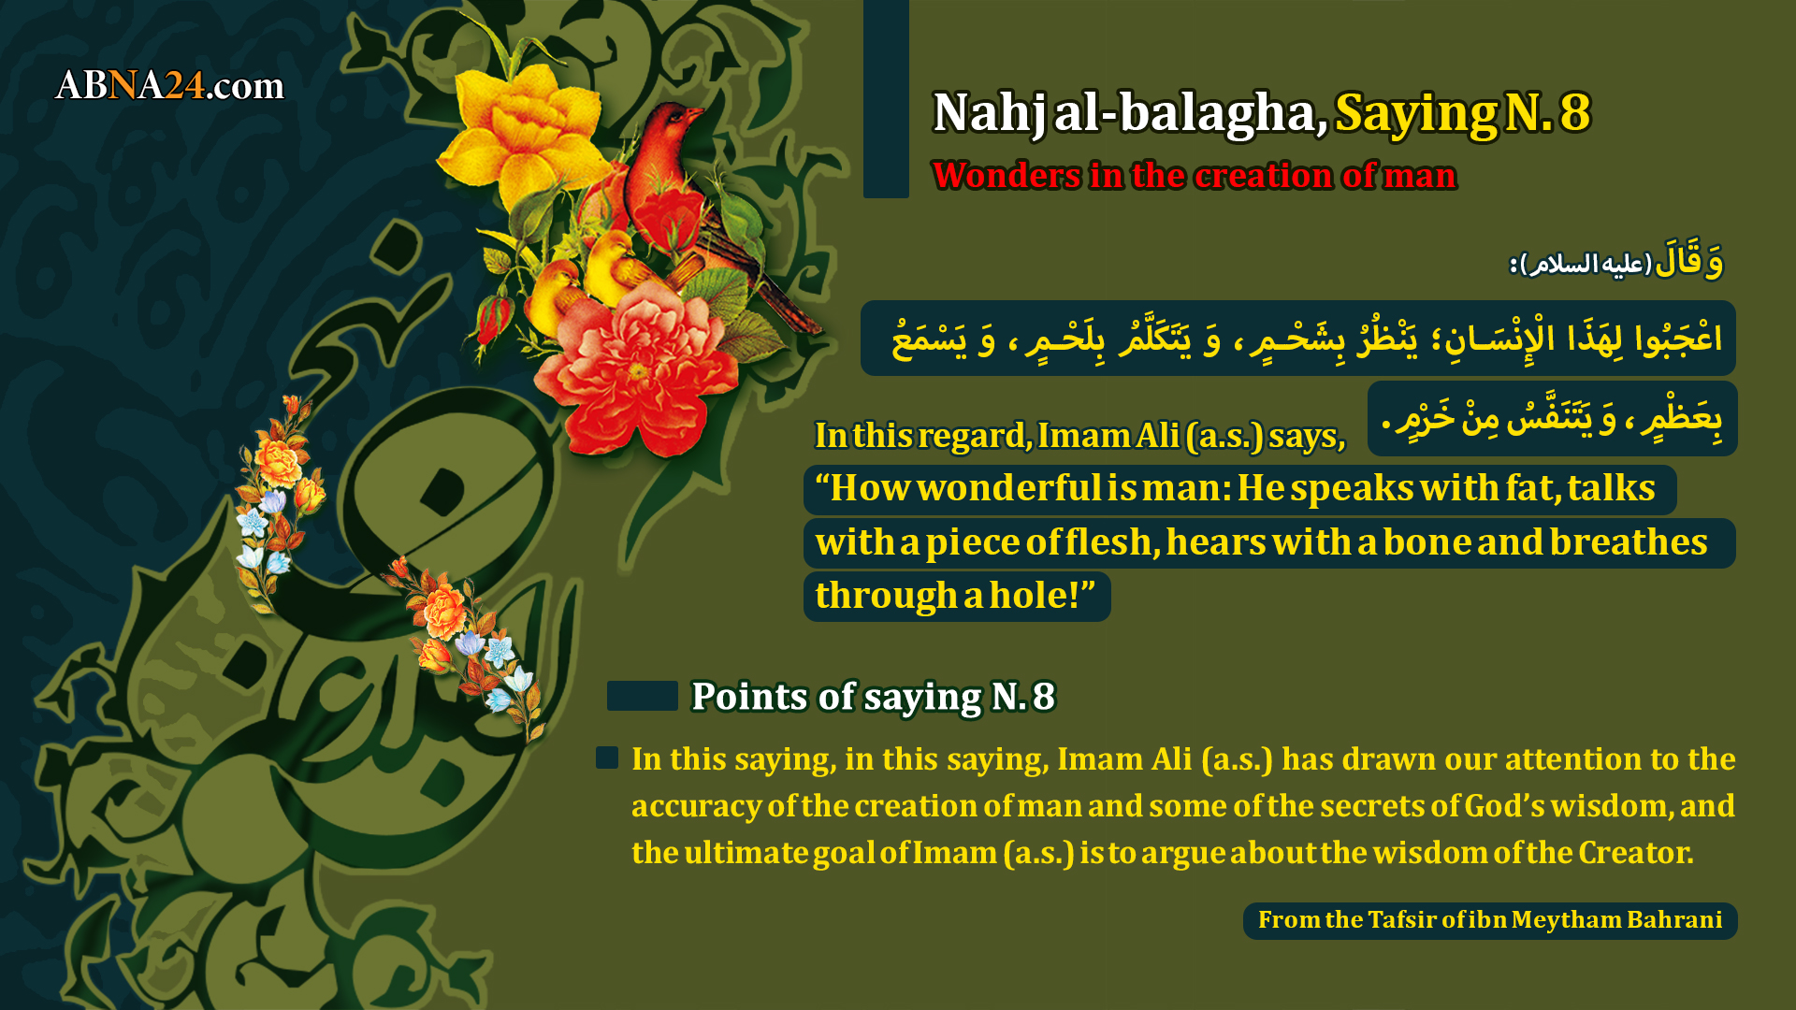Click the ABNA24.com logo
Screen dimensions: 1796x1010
169,86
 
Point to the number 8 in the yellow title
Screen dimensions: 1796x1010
1575,112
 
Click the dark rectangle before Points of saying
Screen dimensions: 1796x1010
643,696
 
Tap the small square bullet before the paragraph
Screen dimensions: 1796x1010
607,757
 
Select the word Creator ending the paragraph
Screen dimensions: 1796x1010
1636,853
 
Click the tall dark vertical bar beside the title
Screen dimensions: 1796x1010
886,98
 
